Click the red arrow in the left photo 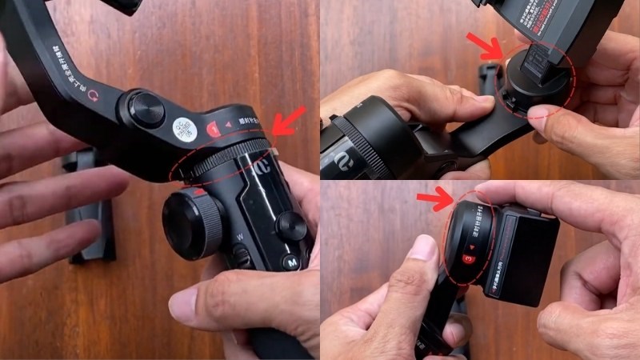[x=289, y=121]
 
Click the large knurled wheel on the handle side [x=192, y=225]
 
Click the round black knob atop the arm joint [x=146, y=108]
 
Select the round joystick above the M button [x=292, y=226]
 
